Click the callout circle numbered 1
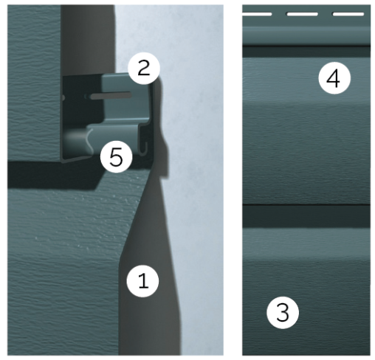[x=142, y=281]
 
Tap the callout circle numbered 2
[x=144, y=69]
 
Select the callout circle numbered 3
[x=283, y=313]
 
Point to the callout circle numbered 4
[x=334, y=78]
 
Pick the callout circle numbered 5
[x=117, y=156]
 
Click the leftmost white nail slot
[x=257, y=14]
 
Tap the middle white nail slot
[x=302, y=14]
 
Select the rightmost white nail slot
[x=348, y=14]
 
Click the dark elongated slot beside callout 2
[x=111, y=96]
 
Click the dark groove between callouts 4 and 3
[x=306, y=216]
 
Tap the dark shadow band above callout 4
[x=306, y=52]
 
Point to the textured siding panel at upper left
[x=34, y=83]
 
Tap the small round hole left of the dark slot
[x=63, y=98]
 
